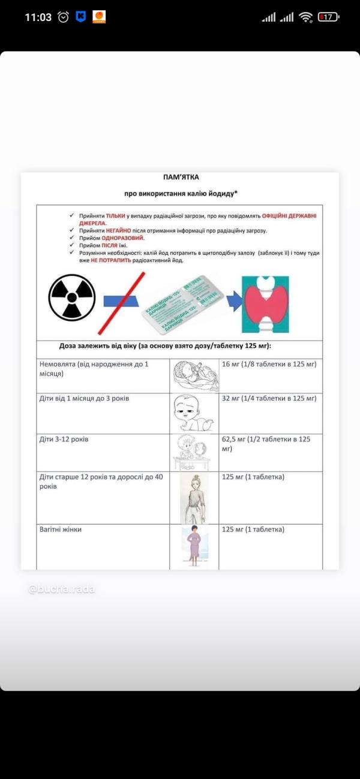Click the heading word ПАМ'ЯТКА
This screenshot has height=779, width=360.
[x=181, y=178]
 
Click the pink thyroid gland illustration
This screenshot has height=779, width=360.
[x=265, y=304]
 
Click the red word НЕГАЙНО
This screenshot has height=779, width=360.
[x=117, y=231]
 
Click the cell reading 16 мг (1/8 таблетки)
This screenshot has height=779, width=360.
[x=269, y=364]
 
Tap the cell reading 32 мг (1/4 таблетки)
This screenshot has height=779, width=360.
[x=269, y=398]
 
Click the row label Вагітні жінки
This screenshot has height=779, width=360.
[x=61, y=530]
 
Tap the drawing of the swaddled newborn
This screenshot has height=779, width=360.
[x=194, y=376]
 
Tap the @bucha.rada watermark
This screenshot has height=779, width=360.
[x=62, y=589]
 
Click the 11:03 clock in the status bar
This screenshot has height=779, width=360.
[x=38, y=17]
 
